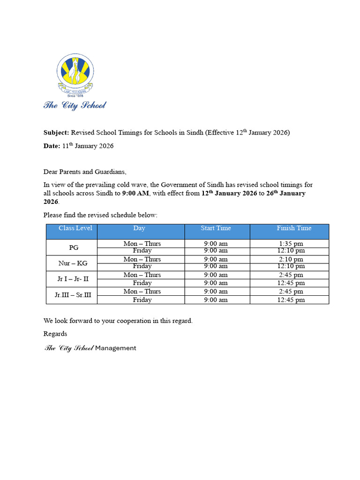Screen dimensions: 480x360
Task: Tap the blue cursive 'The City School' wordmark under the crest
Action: pyautogui.click(x=75, y=105)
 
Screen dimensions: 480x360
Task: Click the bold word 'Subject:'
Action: pyautogui.click(x=56, y=133)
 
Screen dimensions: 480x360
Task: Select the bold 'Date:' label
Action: pyautogui.click(x=52, y=146)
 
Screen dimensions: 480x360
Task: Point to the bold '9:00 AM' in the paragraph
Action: pyautogui.click(x=135, y=193)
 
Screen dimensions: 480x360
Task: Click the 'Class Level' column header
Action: pyautogui.click(x=75, y=228)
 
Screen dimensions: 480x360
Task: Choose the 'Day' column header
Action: pyautogui.click(x=139, y=228)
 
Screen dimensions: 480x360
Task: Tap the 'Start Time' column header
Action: pyautogui.click(x=216, y=228)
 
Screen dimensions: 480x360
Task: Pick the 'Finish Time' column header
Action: pyautogui.click(x=294, y=228)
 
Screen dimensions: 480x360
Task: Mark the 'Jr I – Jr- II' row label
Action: pyautogui.click(x=72, y=279)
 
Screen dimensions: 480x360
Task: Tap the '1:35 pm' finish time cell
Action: pyautogui.click(x=291, y=243)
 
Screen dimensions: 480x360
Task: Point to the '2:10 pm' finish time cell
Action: pyautogui.click(x=291, y=259)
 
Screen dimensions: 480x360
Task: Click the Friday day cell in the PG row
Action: pyautogui.click(x=142, y=251)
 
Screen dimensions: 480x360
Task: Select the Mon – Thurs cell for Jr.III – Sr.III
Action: pyautogui.click(x=142, y=292)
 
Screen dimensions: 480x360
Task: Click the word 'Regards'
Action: pyautogui.click(x=55, y=334)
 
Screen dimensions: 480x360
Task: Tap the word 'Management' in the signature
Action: pyautogui.click(x=116, y=348)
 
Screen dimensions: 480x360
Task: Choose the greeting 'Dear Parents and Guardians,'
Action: pyautogui.click(x=85, y=172)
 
